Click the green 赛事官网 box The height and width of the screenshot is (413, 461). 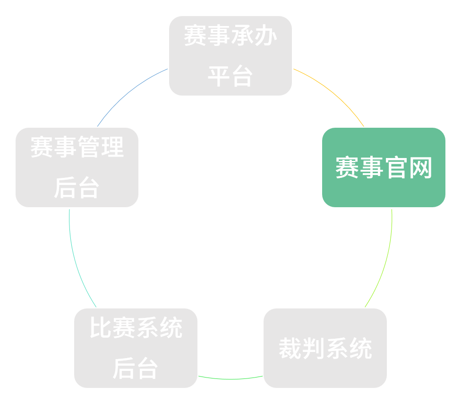coord(384,167)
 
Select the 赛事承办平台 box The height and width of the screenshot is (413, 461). coord(230,56)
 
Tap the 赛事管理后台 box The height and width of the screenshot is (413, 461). coord(77,167)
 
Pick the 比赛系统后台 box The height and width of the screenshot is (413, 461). coord(136,348)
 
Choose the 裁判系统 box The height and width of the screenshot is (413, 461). coord(325,348)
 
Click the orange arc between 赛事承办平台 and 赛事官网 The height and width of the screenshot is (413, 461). coord(333,92)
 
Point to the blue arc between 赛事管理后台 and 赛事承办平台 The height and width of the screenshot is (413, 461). coord(128,92)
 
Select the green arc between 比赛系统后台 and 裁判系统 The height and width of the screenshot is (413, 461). coord(230,378)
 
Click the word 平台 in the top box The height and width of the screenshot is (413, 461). coord(230,76)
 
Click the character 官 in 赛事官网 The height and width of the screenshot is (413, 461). coord(396,167)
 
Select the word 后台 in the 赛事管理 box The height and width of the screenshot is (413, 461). coord(77,188)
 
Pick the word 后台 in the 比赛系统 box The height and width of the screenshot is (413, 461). coord(136,369)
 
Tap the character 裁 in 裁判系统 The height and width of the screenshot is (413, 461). coord(290,349)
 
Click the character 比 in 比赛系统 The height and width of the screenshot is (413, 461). coord(101,328)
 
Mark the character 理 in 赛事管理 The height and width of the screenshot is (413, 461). coord(112,147)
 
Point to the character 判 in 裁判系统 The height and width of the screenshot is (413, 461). coord(313,349)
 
